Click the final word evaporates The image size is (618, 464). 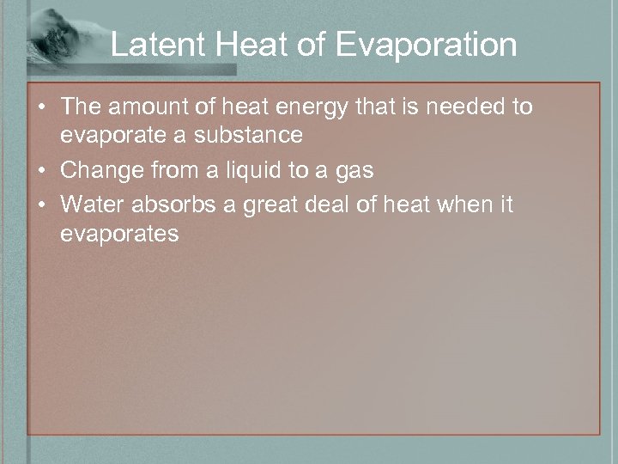(120, 235)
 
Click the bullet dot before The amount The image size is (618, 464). (40, 108)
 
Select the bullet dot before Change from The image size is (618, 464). (40, 172)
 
